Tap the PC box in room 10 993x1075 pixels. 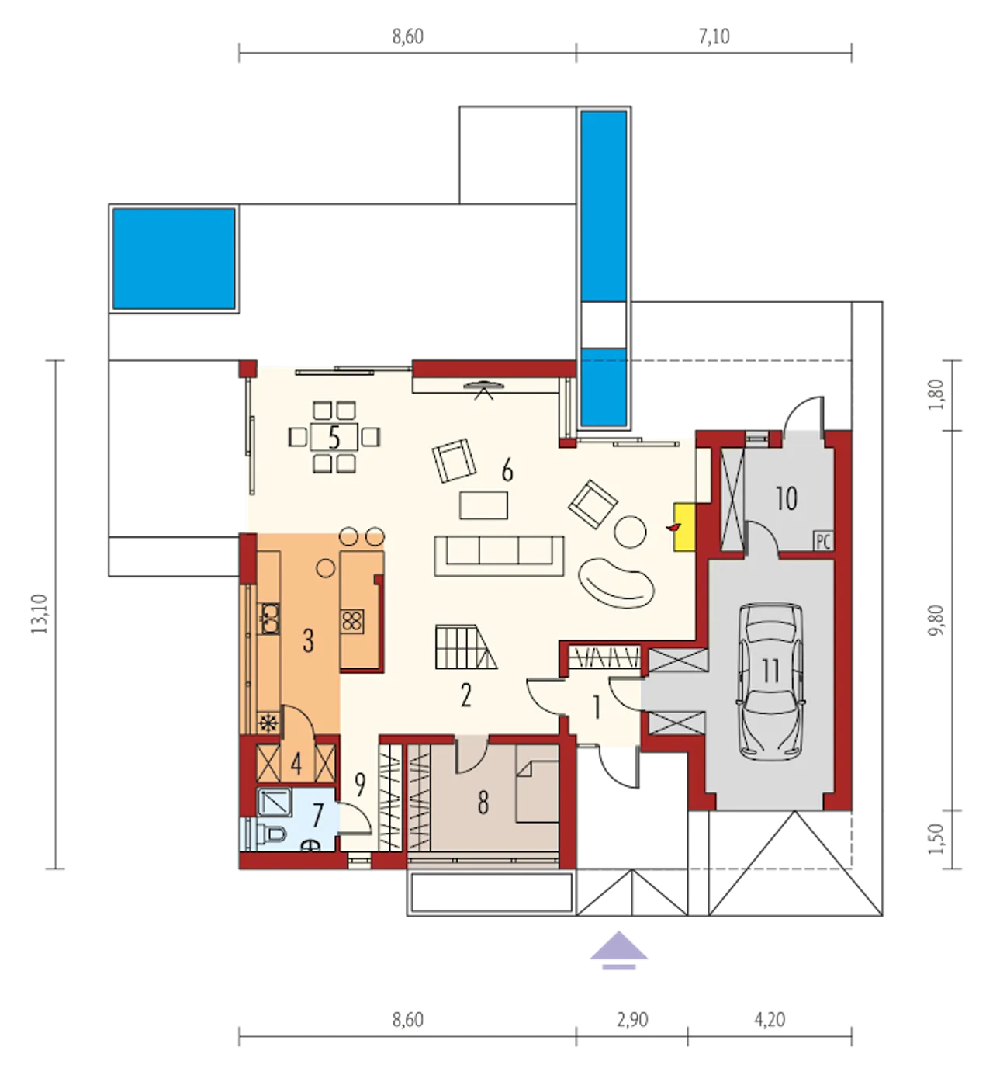point(822,542)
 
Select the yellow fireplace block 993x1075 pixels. point(684,527)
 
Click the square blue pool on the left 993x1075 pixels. point(174,258)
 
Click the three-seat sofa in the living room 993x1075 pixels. point(499,556)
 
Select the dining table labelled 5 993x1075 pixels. point(334,437)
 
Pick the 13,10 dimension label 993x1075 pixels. point(40,613)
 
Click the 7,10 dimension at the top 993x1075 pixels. point(714,37)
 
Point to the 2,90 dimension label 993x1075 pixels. point(632,1020)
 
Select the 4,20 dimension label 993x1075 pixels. point(770,1020)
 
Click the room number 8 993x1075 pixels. point(483,803)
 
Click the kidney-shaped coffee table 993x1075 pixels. point(616,584)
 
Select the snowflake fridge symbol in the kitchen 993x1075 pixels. point(269,723)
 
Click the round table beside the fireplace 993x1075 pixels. point(631,532)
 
